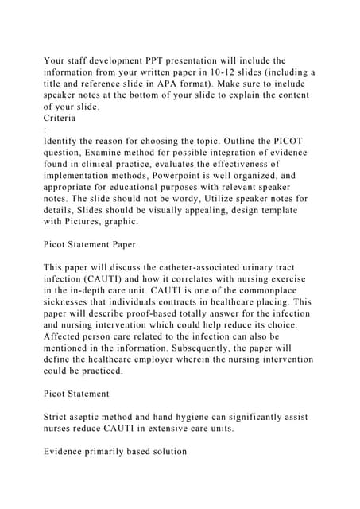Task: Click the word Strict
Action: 59,418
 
